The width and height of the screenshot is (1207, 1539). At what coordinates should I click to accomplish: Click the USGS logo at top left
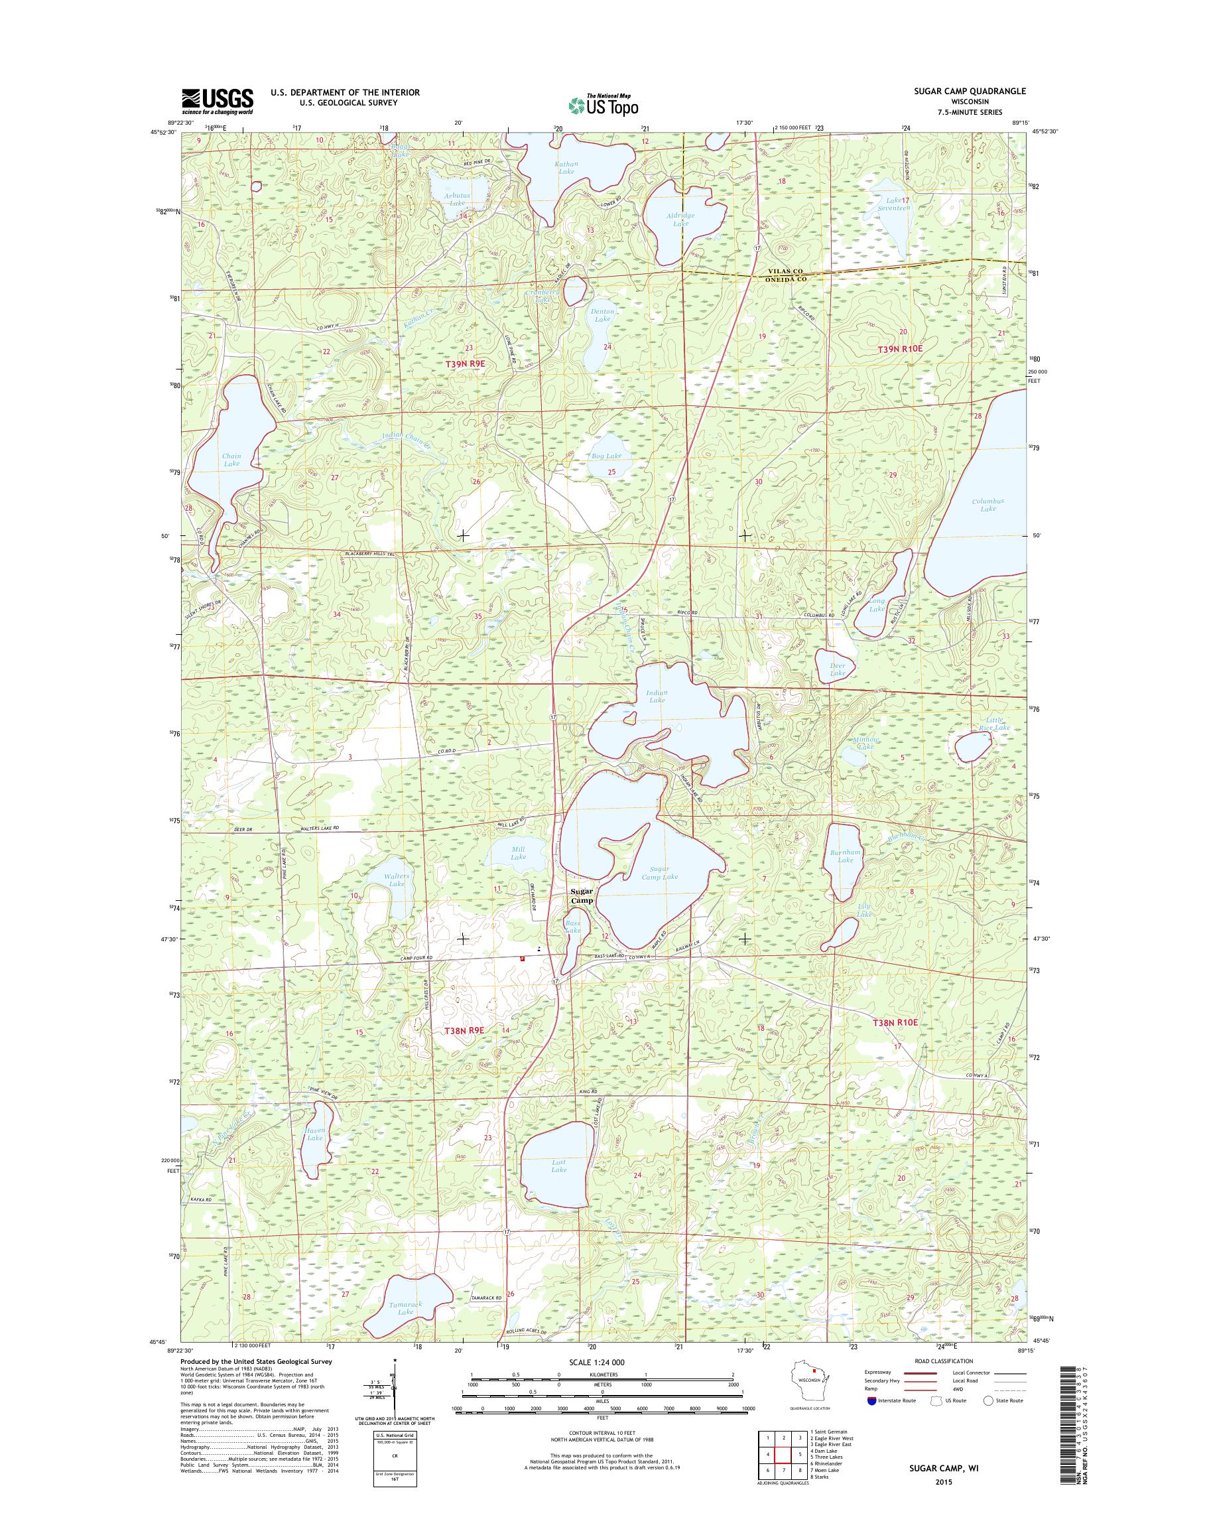(x=217, y=101)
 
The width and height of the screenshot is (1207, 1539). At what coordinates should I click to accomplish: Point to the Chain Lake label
(x=232, y=460)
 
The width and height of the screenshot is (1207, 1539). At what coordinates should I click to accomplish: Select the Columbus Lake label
(x=987, y=505)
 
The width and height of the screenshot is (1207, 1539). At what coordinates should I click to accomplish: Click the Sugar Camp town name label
(x=583, y=896)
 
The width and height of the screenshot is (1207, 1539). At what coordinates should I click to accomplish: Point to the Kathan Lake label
(x=567, y=168)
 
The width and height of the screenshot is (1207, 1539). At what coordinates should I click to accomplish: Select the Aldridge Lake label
(x=680, y=219)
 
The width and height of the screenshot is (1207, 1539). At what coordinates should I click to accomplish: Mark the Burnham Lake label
(x=845, y=856)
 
